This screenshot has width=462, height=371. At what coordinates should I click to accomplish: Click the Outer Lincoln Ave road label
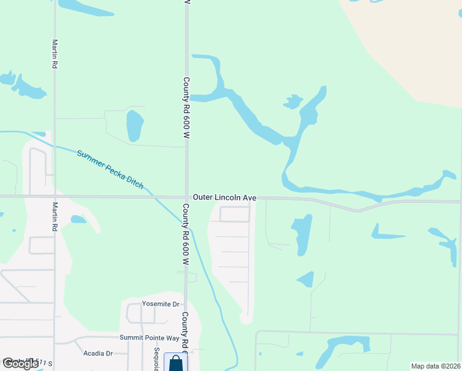(224, 197)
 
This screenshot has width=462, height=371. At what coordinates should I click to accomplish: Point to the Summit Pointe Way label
(149, 338)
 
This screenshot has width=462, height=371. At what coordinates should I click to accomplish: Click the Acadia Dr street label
(97, 353)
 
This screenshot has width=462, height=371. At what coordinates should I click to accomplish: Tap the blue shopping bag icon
(175, 363)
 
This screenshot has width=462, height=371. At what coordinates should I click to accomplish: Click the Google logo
(20, 364)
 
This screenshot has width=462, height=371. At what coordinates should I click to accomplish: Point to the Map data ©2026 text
(435, 366)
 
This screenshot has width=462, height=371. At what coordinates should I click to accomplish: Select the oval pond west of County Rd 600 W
(134, 126)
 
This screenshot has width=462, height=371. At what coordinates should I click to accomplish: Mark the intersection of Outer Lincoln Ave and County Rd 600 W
(187, 197)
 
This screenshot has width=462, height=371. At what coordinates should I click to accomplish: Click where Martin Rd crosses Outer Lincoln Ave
(54, 197)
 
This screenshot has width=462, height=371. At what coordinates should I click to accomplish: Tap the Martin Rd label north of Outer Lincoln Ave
(55, 54)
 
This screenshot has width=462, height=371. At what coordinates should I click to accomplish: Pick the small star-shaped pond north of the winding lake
(293, 101)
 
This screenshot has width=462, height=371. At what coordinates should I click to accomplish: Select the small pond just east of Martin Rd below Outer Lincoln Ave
(78, 219)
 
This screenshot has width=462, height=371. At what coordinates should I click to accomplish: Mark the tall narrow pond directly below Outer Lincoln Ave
(301, 234)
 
